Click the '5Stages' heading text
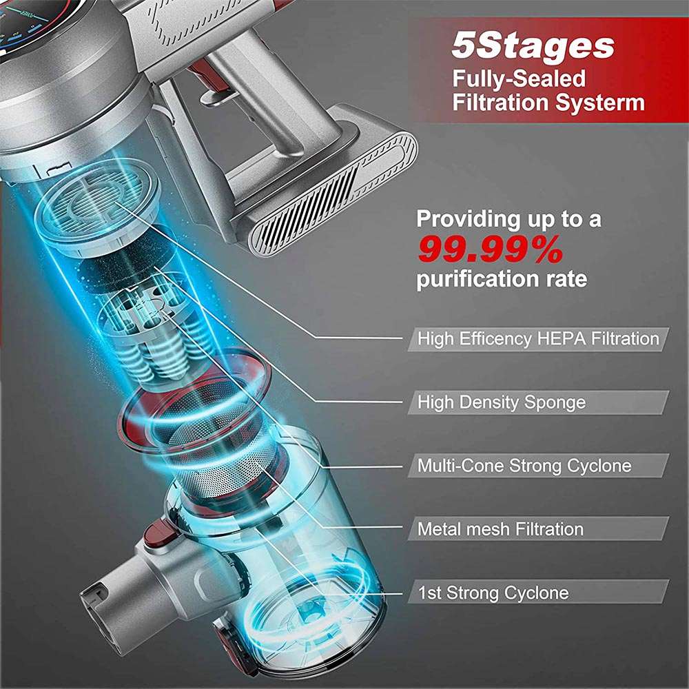tap(533, 46)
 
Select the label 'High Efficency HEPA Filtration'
tap(538, 339)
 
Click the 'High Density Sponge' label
tap(501, 402)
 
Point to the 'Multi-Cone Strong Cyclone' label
tap(524, 466)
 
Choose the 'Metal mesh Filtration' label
tap(500, 529)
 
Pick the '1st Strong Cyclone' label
tap(493, 593)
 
